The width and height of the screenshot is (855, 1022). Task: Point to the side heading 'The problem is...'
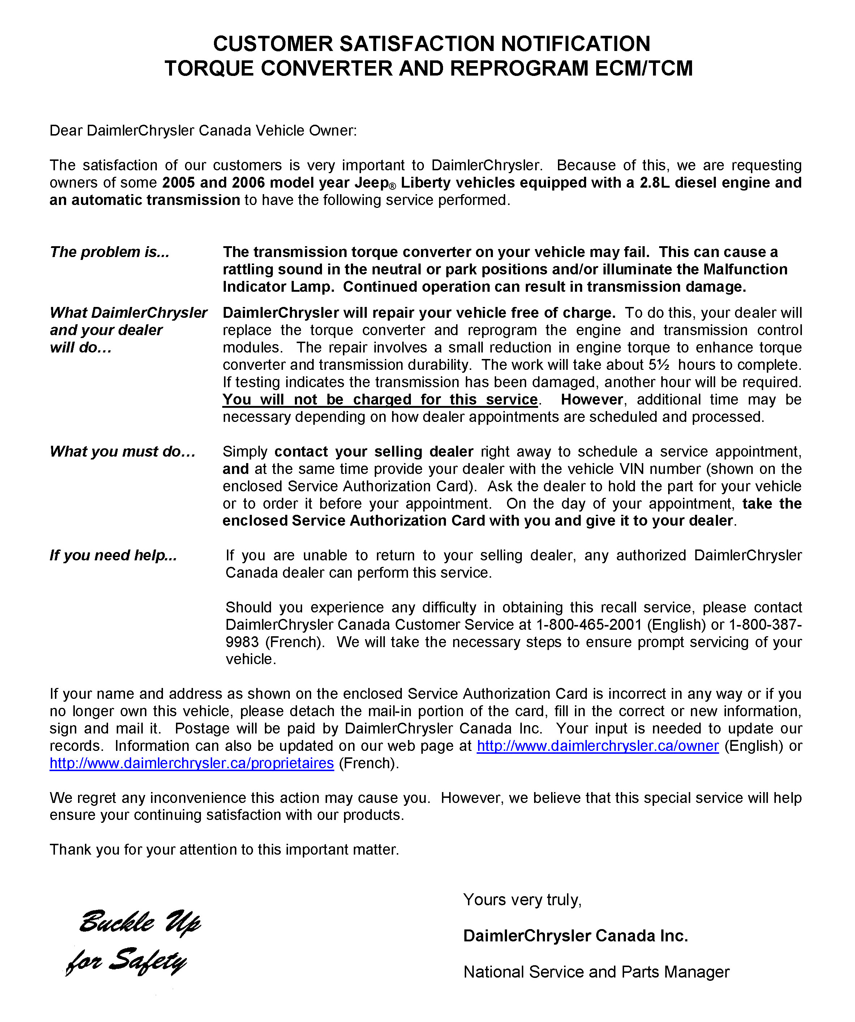pos(109,252)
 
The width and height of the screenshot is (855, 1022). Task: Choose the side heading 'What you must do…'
pos(123,452)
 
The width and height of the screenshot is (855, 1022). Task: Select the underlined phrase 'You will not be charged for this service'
pos(380,399)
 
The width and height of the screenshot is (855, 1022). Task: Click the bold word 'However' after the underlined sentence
pos(592,399)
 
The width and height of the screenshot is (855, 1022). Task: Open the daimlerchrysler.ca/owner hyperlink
pos(597,746)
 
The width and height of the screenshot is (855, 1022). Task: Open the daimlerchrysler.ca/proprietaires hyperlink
pos(192,763)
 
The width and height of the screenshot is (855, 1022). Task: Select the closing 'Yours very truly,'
pos(522,900)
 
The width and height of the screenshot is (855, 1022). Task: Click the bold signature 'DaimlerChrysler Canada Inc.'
pos(575,936)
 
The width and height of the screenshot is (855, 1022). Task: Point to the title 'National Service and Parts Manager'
pos(596,972)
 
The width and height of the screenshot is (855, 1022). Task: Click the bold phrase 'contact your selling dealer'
pos(374,452)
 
